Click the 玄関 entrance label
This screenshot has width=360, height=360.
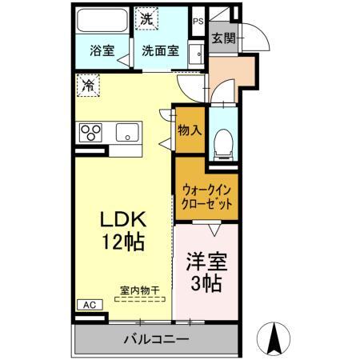[223, 38]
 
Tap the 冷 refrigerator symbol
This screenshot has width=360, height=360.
[88, 83]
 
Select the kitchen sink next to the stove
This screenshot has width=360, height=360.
[127, 131]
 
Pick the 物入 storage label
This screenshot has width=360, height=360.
[190, 130]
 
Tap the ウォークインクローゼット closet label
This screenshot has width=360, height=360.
[206, 197]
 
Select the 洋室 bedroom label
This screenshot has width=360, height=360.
[206, 261]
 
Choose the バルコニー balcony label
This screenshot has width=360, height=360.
[156, 339]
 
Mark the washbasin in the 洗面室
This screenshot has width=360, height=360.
[194, 55]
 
